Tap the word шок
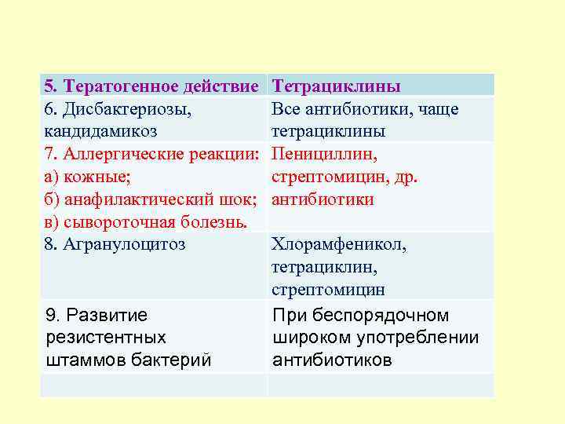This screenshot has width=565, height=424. [x=238, y=199]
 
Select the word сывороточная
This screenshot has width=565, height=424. [x=118, y=222]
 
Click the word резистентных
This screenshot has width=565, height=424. [x=106, y=338]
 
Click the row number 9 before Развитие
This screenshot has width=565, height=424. [x=51, y=316]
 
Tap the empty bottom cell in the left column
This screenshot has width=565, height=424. [x=154, y=385]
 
